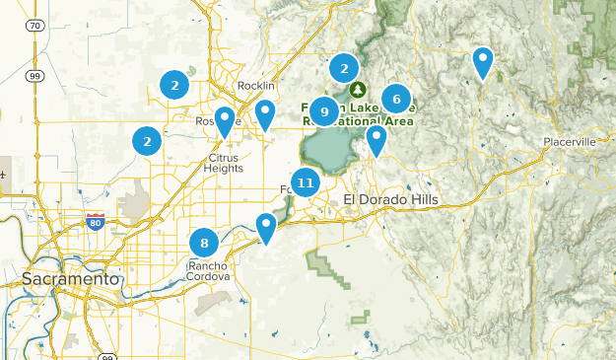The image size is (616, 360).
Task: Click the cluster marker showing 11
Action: pyautogui.click(x=306, y=182)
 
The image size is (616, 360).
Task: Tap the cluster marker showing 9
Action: pyautogui.click(x=324, y=112)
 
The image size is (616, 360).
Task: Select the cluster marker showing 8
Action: pyautogui.click(x=204, y=243)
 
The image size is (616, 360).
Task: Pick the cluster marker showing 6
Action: pyautogui.click(x=396, y=98)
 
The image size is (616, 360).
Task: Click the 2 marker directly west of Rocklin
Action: pyautogui.click(x=174, y=86)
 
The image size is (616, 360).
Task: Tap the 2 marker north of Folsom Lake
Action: pyautogui.click(x=344, y=68)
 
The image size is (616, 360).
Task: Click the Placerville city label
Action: pyautogui.click(x=570, y=142)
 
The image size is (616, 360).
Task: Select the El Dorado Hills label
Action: pyautogui.click(x=390, y=200)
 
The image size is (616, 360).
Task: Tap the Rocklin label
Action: pyautogui.click(x=256, y=86)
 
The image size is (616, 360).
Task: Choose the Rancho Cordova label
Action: pyautogui.click(x=209, y=270)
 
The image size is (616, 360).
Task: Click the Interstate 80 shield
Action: pyautogui.click(x=95, y=221)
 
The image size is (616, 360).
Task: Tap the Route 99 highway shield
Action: pyautogui.click(x=35, y=76)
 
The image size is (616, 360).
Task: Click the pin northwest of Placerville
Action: pyautogui.click(x=482, y=62)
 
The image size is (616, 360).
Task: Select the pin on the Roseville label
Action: pyautogui.click(x=225, y=121)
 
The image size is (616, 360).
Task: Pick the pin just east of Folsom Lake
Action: pyautogui.click(x=376, y=140)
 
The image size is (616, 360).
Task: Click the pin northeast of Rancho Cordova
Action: pyautogui.click(x=266, y=228)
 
